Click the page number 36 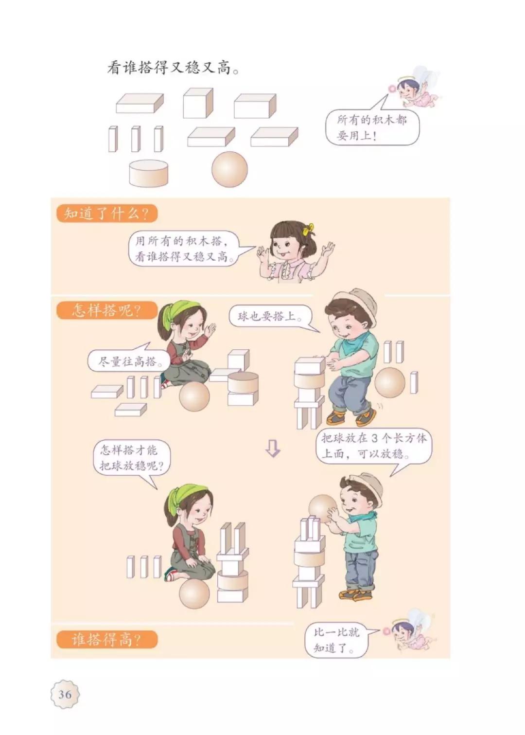pyautogui.click(x=65, y=694)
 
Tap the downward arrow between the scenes pyautogui.click(x=273, y=448)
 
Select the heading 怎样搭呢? pyautogui.click(x=106, y=310)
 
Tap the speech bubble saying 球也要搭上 pyautogui.click(x=268, y=317)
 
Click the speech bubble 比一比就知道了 pyautogui.click(x=336, y=640)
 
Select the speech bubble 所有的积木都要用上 pyautogui.click(x=372, y=127)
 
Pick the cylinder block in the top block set pyautogui.click(x=149, y=173)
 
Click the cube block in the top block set pyautogui.click(x=197, y=103)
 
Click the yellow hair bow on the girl pyautogui.click(x=308, y=228)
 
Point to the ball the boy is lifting pyautogui.click(x=321, y=508)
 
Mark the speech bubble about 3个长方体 pyautogui.click(x=373, y=447)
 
